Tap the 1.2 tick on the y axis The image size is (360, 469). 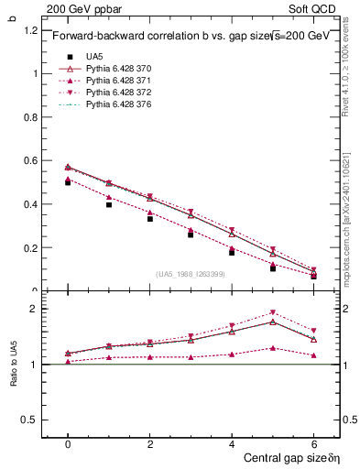(x=31, y=30)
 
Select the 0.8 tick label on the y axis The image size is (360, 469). (x=31, y=117)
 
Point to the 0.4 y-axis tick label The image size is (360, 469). (x=31, y=204)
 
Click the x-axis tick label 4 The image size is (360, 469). (x=232, y=442)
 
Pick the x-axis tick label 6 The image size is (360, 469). (x=314, y=442)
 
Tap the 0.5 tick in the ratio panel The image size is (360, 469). (x=29, y=420)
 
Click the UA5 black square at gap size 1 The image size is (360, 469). (x=109, y=205)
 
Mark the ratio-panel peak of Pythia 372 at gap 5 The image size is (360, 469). (x=273, y=312)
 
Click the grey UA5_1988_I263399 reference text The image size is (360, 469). (x=192, y=274)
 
